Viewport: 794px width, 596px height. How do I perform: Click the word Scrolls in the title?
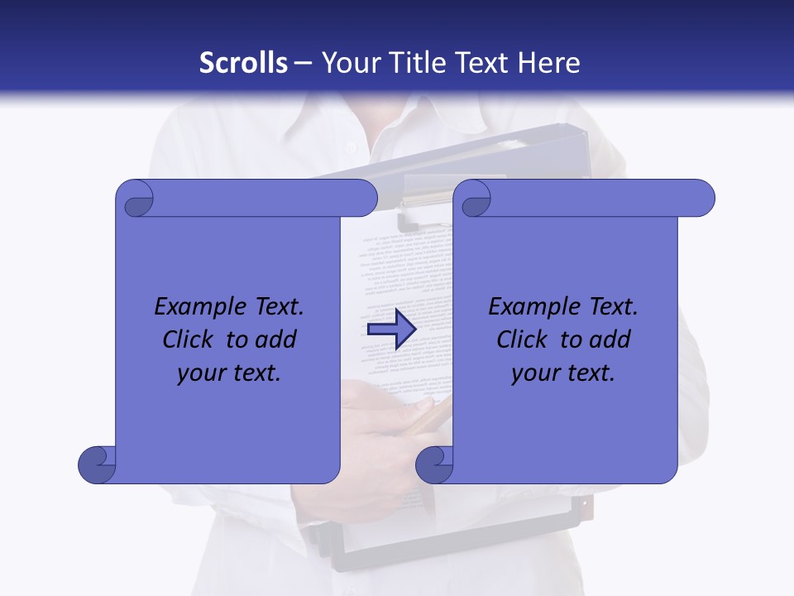click(x=244, y=63)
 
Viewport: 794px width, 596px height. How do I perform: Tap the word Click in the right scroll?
click(x=522, y=340)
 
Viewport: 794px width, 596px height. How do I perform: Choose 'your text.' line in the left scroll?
click(x=229, y=373)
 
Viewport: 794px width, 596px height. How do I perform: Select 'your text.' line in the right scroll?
click(x=563, y=373)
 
